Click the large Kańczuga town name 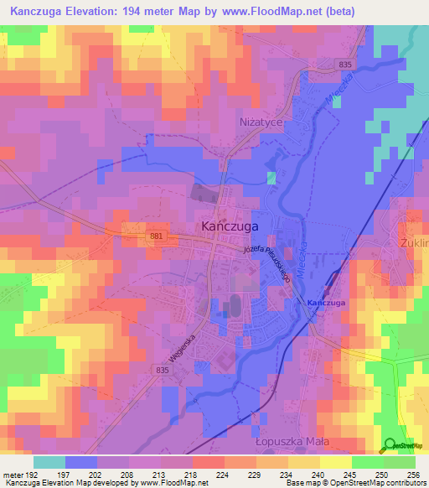230,226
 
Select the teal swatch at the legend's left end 49,462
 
